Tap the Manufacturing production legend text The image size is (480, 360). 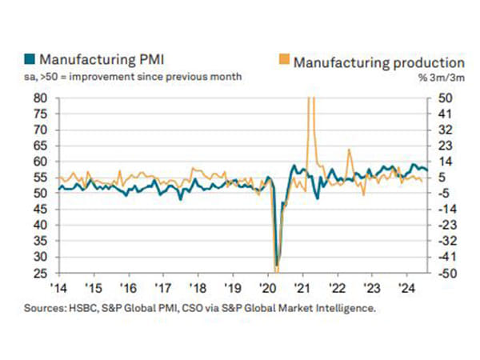click(x=378, y=62)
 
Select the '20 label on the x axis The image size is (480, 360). click(x=266, y=287)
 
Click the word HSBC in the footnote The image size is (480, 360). click(x=90, y=306)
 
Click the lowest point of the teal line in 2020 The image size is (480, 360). click(x=277, y=266)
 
